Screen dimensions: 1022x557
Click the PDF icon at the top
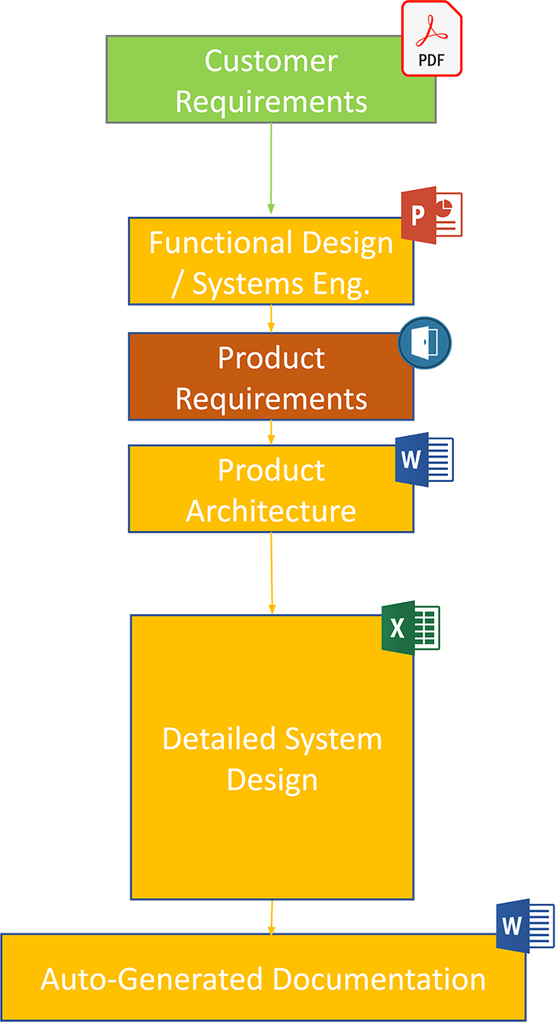tap(432, 38)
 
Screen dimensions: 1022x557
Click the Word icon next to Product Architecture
tap(424, 460)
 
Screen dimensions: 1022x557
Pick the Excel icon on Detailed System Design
tap(409, 629)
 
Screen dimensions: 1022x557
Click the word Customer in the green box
tap(271, 61)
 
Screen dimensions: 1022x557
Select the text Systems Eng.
tap(281, 284)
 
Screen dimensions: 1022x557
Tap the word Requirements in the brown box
tap(271, 398)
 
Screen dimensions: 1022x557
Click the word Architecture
tap(271, 511)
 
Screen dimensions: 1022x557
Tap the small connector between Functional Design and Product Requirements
tap(271, 319)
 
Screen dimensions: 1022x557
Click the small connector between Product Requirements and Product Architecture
tap(271, 432)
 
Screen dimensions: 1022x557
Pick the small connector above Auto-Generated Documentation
tap(271, 916)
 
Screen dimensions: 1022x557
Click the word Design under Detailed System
tap(271, 779)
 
